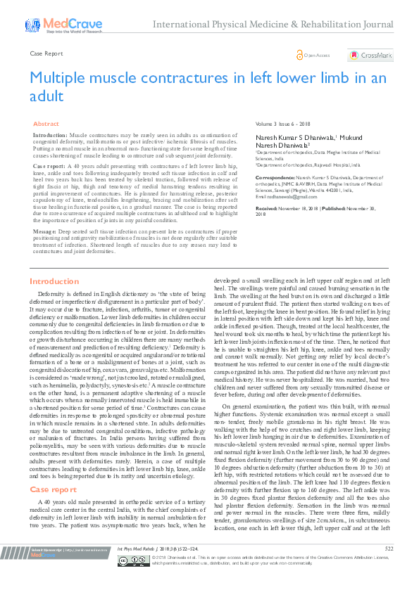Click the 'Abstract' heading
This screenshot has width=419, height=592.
click(46, 123)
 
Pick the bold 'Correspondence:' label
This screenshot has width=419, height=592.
click(274, 178)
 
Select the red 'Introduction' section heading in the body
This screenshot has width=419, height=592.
click(54, 281)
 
